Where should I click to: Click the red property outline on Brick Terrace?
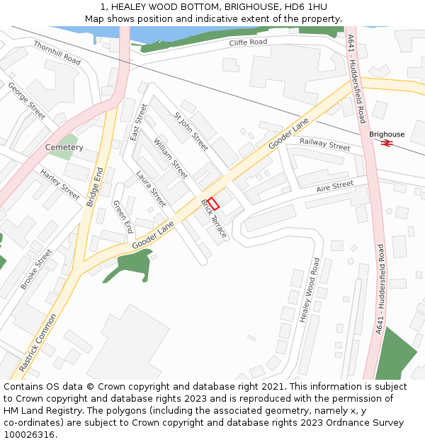213,202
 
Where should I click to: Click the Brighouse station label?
387,134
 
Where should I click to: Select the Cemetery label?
64,147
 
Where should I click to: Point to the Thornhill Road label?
57,53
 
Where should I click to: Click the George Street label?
26,100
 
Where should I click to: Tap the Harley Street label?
60,184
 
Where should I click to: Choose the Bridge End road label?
95,187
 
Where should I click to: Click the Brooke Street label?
36,269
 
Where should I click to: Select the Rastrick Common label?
37,342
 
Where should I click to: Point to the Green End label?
123,216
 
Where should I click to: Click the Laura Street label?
151,190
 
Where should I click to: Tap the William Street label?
171,158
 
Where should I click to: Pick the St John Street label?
191,131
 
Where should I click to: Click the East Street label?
140,122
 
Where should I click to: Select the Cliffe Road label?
248,42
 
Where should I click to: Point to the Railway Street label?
324,144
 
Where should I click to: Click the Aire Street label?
335,186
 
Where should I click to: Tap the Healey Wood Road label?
310,290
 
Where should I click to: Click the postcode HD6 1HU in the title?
303,6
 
